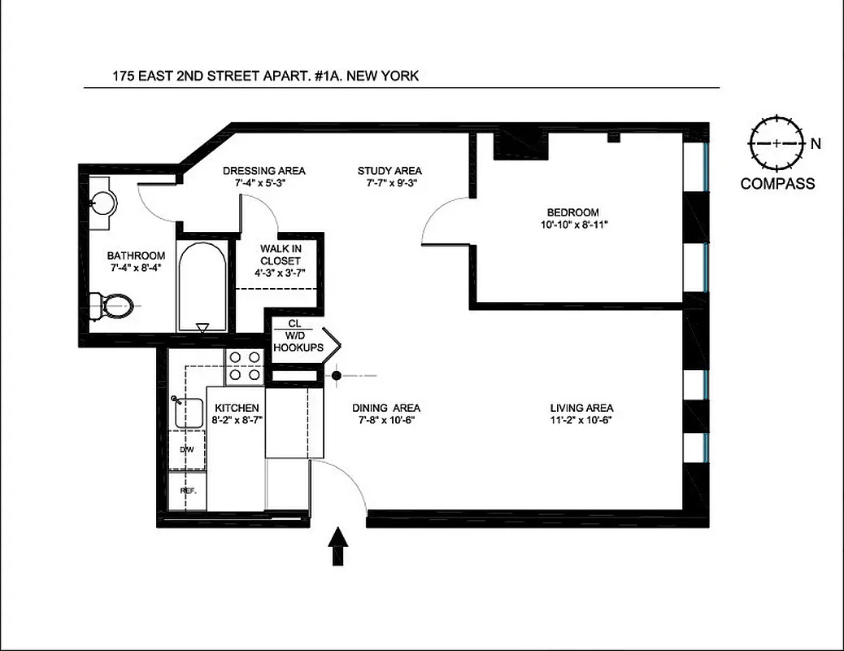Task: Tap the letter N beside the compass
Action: (x=815, y=144)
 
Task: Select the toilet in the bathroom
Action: (x=111, y=306)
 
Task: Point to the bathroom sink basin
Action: (x=104, y=200)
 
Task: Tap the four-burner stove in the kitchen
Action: (x=243, y=365)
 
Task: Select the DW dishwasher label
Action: (x=187, y=449)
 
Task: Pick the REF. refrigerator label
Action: (x=187, y=491)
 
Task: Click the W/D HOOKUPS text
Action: (x=298, y=347)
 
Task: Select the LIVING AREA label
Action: (x=581, y=408)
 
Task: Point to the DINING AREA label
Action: (x=386, y=408)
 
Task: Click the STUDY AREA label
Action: (x=389, y=170)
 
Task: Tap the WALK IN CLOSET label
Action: (x=280, y=255)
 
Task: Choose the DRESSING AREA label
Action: (x=264, y=170)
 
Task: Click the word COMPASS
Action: (x=777, y=184)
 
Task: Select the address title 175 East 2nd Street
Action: (x=265, y=77)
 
